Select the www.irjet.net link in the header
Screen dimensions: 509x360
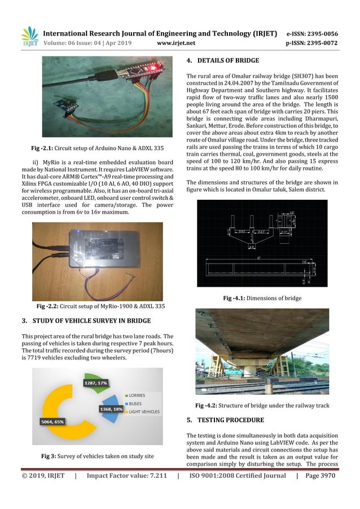pos(177,42)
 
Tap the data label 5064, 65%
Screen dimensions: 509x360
pos(52,421)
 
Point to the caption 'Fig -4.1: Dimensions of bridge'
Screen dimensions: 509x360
pos(262,298)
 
